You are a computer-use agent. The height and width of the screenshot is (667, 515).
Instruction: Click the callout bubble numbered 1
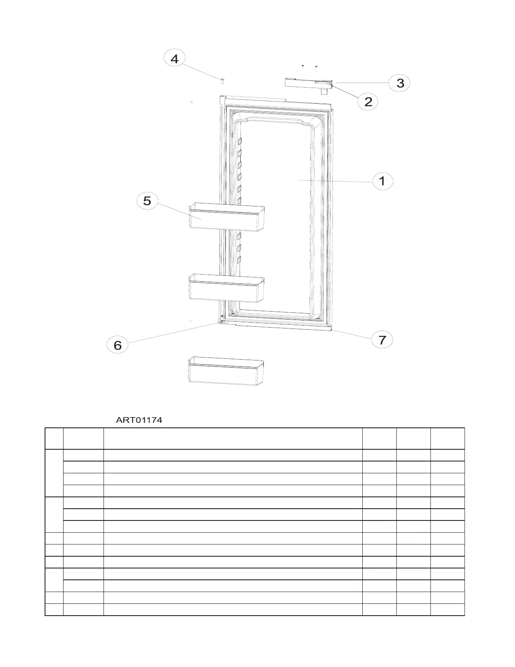[382, 181]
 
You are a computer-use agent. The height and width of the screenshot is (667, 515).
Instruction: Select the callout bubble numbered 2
[368, 101]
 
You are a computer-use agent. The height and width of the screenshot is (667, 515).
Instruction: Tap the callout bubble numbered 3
[400, 83]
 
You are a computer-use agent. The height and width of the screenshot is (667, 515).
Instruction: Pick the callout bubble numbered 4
[174, 59]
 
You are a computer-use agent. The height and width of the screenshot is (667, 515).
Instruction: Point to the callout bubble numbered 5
[147, 200]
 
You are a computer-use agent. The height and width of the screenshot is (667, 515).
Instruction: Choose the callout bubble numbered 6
[118, 345]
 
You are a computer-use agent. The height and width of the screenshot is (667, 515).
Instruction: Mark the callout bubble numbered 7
[382, 339]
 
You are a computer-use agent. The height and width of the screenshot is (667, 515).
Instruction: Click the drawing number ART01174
[139, 420]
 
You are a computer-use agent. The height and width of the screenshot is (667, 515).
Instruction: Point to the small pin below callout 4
[222, 80]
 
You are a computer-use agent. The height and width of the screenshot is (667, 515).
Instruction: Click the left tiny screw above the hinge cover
[303, 67]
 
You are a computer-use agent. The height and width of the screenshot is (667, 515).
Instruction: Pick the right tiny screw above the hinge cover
[316, 67]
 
